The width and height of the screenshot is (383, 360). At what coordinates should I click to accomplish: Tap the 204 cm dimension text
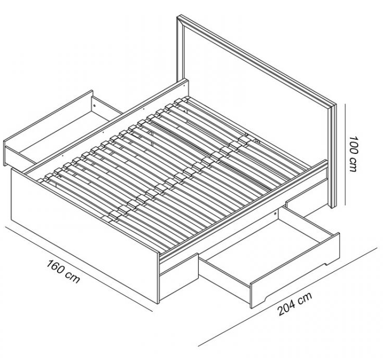click(x=295, y=304)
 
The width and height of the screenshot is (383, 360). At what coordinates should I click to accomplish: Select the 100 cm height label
click(x=353, y=154)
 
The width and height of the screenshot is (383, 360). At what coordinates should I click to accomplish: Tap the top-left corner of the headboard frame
click(x=177, y=17)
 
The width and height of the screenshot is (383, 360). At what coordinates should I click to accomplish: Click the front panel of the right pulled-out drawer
click(x=295, y=271)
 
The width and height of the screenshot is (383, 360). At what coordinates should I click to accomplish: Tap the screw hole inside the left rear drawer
click(x=95, y=106)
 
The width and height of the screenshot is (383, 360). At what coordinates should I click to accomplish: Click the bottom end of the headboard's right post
click(x=333, y=207)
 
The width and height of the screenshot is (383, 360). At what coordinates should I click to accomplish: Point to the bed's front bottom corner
click(x=159, y=303)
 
